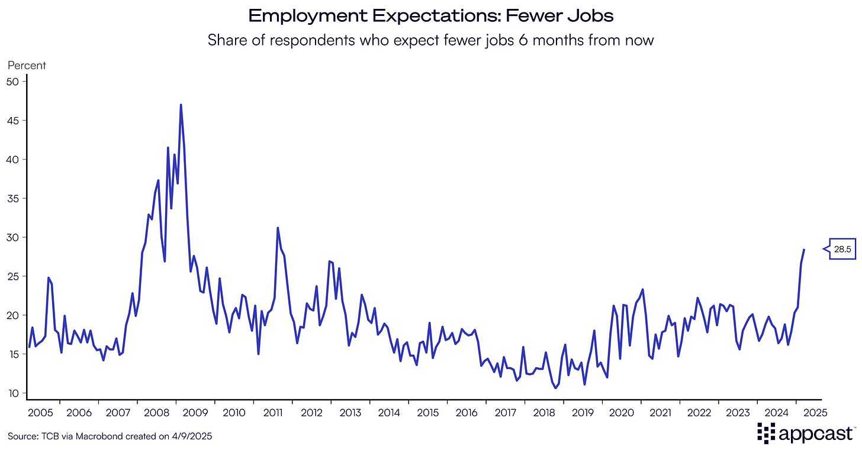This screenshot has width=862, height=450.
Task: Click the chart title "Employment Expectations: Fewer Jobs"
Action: [x=430, y=16]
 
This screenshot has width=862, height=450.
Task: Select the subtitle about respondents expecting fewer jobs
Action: [x=430, y=41]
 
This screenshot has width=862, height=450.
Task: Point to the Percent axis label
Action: [x=27, y=66]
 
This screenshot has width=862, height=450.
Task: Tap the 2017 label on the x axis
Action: [x=505, y=412]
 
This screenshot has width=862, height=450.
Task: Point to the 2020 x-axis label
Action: [x=622, y=412]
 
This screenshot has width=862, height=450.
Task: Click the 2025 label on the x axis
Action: [x=815, y=412]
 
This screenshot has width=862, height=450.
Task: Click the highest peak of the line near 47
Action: [x=181, y=105]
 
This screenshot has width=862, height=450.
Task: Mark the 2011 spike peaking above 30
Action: [x=278, y=228]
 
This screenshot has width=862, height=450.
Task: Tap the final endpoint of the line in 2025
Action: [x=804, y=250]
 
